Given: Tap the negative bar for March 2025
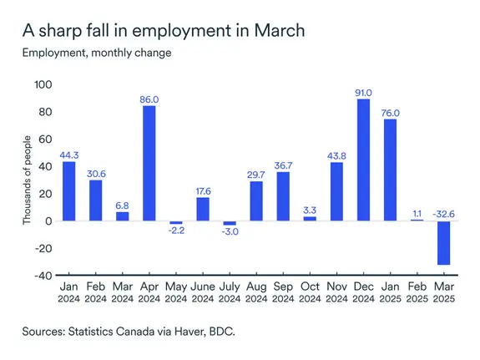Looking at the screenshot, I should (446, 243).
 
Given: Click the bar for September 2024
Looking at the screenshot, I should (283, 196).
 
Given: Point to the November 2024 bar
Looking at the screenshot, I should (337, 191).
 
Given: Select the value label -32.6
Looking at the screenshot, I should (445, 213).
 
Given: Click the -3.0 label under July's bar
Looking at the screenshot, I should (229, 232).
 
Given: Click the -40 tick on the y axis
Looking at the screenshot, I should (42, 276).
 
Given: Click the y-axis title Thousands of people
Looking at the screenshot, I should (26, 180).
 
